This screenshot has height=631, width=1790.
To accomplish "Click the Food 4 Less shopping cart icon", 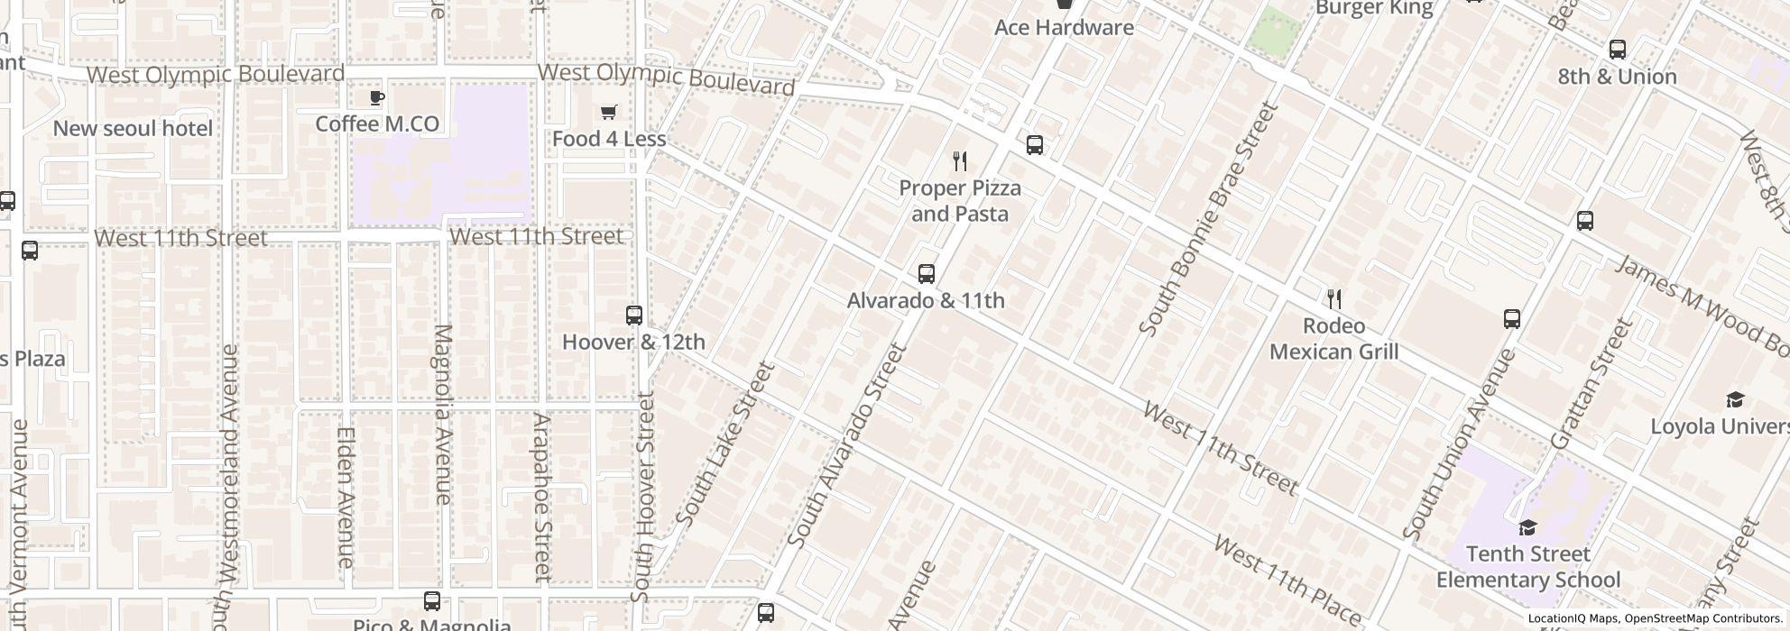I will pyautogui.click(x=608, y=113).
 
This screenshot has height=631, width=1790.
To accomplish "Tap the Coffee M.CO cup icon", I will pyautogui.click(x=377, y=97).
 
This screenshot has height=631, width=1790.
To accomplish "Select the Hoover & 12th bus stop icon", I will pyautogui.click(x=634, y=315).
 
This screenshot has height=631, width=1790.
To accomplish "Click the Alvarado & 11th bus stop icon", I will pyautogui.click(x=926, y=274).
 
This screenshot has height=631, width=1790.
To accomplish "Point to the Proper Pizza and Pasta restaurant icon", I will pyautogui.click(x=960, y=162).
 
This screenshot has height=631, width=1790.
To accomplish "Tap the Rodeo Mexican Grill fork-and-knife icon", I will pyautogui.click(x=1333, y=299).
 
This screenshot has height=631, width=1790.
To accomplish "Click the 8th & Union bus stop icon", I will pyautogui.click(x=1618, y=50).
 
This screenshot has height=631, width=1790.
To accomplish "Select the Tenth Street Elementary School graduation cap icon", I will pyautogui.click(x=1527, y=527).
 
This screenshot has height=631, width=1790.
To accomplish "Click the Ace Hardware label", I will pyautogui.click(x=1064, y=28).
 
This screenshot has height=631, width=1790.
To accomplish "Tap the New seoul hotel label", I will pyautogui.click(x=133, y=129).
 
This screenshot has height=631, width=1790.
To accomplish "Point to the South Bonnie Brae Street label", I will pyautogui.click(x=1208, y=219).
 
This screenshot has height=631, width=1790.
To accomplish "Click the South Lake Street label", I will pyautogui.click(x=725, y=444).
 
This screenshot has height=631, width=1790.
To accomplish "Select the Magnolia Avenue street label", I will pyautogui.click(x=442, y=414).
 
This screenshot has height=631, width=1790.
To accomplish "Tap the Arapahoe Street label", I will pyautogui.click(x=540, y=496).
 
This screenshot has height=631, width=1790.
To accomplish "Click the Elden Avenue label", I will pyautogui.click(x=345, y=496).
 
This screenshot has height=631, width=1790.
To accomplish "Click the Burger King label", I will pyautogui.click(x=1373, y=8).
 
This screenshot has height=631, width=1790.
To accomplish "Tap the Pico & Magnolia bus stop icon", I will pyautogui.click(x=432, y=601).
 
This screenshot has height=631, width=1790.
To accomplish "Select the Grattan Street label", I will pyautogui.click(x=1592, y=384).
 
